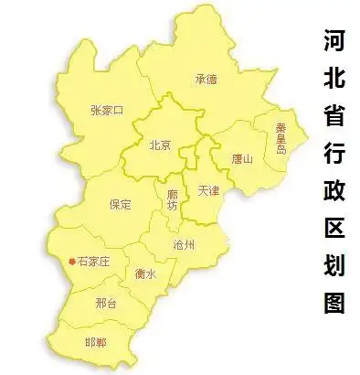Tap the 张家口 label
click(x=107, y=111)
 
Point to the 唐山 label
click(x=241, y=157)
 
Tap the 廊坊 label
click(x=173, y=200)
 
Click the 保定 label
click(x=120, y=203)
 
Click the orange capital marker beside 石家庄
click(x=71, y=262)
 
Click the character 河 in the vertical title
click(x=334, y=42)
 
